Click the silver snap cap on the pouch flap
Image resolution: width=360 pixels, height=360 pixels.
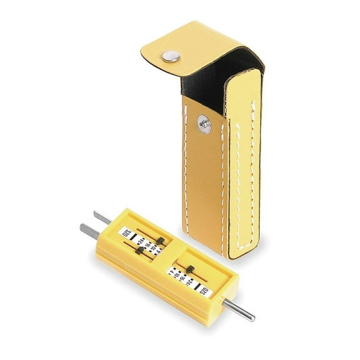tap(169, 57)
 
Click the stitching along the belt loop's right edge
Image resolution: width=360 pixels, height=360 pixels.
tap(255, 162)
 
